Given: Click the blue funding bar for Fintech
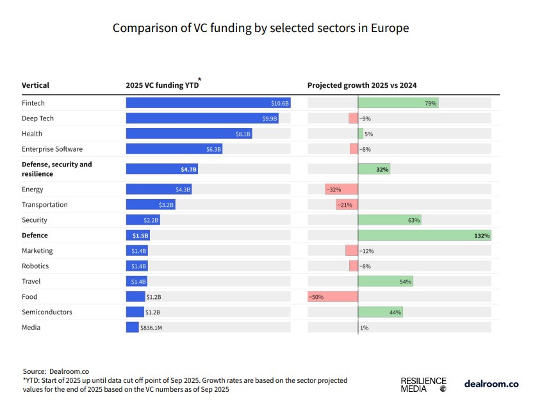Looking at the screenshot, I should coord(208,103).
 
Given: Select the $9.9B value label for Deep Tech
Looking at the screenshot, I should coord(270,118).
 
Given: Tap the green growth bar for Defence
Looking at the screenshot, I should coord(424,236).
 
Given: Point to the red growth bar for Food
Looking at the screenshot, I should coord(332,297).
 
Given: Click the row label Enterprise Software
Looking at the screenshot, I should coord(53,149).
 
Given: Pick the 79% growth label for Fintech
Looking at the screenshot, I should coord(431,103).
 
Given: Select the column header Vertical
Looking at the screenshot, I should coord(35,85).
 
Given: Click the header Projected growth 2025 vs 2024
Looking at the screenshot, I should coord(363,85).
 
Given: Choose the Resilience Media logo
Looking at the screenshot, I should coord(424,384).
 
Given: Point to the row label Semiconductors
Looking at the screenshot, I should coord(47,312).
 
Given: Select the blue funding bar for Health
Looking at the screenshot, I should coord(189,134).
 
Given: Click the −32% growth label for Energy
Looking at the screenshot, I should coord(333,189).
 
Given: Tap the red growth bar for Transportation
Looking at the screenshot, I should coord(347,205).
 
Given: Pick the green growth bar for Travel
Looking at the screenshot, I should coord(385,282).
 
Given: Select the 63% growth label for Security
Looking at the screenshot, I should coord(414,220).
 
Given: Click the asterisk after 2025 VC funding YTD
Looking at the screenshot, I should coord(199,80).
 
